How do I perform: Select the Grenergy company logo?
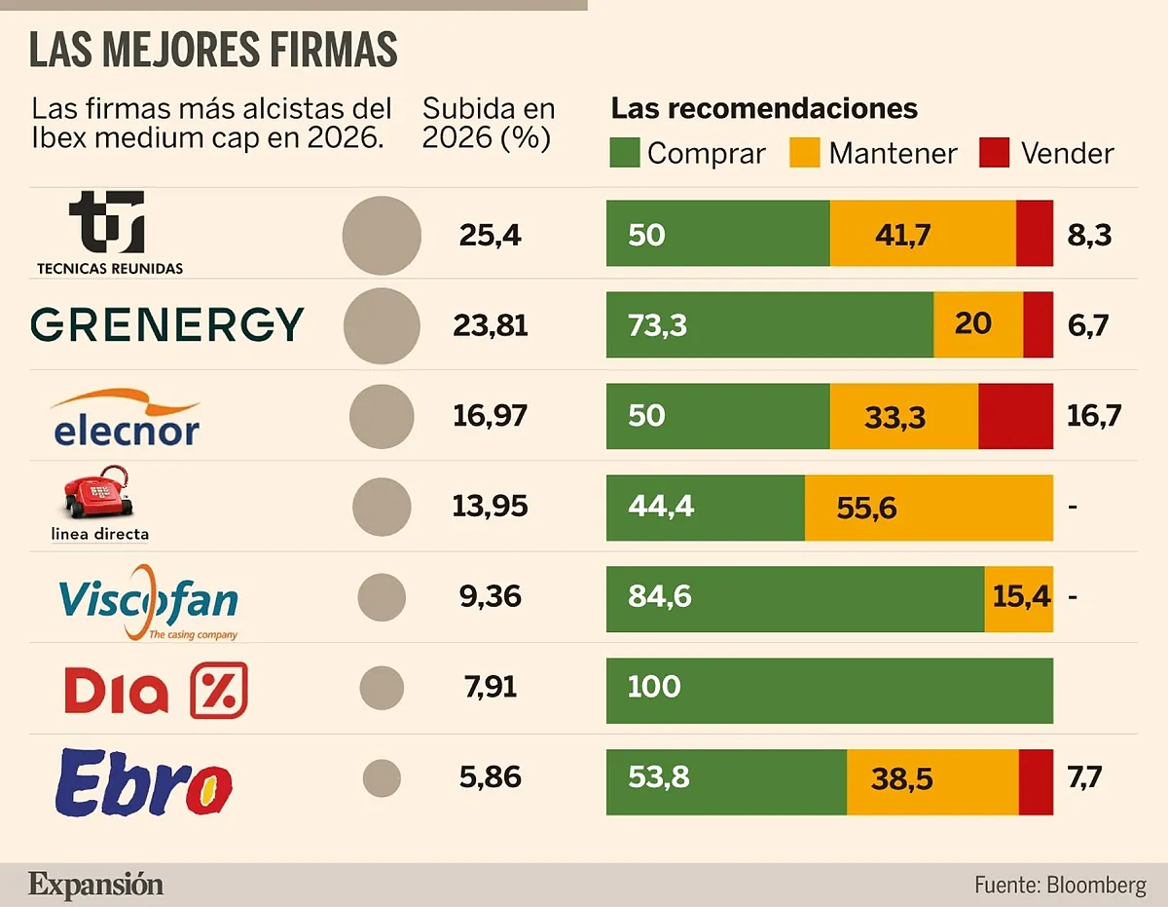pos(166,324)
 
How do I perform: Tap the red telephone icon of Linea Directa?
pos(97,493)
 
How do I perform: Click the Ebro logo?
pos(144,781)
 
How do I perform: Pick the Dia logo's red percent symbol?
pos(218,690)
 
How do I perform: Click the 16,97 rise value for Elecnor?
pos(490,416)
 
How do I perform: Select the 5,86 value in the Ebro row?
pos(490,777)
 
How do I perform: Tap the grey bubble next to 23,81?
pos(382,325)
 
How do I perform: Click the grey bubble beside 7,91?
pos(382,688)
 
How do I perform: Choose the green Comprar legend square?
pos(625,153)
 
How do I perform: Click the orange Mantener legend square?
pos(807,153)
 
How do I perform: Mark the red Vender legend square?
pos(995,153)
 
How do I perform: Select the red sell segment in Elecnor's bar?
pos(1015,416)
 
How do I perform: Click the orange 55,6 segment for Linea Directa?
pos(929,507)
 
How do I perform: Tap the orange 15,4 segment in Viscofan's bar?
pos(1019,597)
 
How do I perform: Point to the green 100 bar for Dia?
pos(829,690)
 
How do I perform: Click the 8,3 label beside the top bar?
pos(1089,235)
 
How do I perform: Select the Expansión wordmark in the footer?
pos(95,885)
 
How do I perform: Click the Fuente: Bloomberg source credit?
pos(1059,885)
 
